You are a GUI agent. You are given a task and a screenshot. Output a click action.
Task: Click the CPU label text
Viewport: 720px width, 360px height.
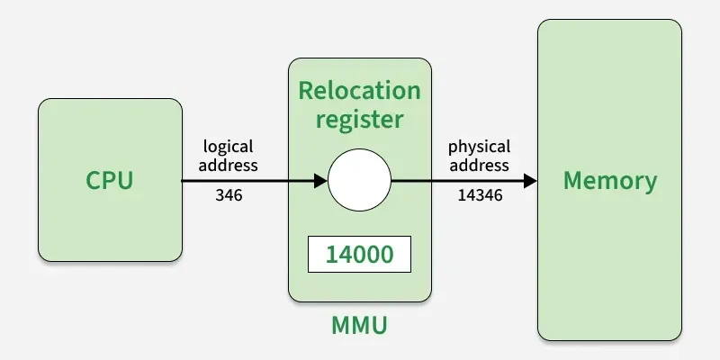coord(110,180)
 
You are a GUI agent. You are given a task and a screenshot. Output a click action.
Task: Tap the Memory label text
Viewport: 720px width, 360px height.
coord(610,180)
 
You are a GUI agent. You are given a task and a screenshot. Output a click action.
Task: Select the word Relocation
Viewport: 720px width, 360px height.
coord(359,91)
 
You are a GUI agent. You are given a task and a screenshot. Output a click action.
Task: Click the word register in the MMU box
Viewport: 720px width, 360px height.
coord(359,119)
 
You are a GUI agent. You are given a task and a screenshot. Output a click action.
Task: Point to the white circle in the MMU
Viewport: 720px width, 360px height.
coord(359,180)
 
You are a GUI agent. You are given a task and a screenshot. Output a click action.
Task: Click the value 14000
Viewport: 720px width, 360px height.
coord(359,255)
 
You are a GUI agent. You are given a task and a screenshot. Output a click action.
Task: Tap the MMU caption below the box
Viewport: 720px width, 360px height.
coord(359,325)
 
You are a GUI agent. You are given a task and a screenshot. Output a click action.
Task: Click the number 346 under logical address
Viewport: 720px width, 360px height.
coord(229,194)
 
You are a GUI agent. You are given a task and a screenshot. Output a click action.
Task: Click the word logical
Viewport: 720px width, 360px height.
coord(229,146)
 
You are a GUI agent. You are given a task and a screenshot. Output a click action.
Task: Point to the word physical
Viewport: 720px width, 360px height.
coord(479,146)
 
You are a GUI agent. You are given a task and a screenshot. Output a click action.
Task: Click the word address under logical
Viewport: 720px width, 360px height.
coord(229,165)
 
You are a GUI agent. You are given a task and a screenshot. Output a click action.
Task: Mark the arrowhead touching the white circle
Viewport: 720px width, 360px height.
coord(319,180)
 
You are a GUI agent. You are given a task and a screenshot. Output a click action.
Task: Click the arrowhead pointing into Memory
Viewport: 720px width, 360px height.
coord(529,180)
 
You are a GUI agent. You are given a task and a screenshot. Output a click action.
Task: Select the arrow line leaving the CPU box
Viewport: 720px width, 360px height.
coord(243,180)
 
